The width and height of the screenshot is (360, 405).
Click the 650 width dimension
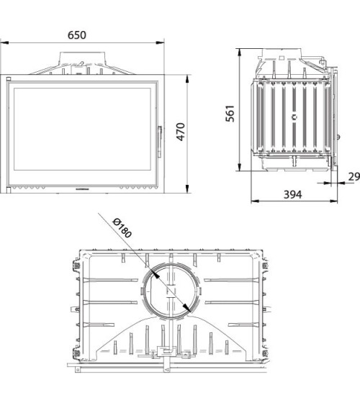point(86,34)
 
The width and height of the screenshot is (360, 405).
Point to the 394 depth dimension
point(292,194)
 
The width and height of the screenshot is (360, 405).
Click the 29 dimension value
point(354,177)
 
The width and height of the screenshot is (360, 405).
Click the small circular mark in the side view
point(294,116)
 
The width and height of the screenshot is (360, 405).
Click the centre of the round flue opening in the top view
point(169,291)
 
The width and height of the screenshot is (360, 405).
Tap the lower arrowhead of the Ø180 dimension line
point(189,311)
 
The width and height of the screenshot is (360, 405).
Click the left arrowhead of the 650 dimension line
point(6,43)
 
